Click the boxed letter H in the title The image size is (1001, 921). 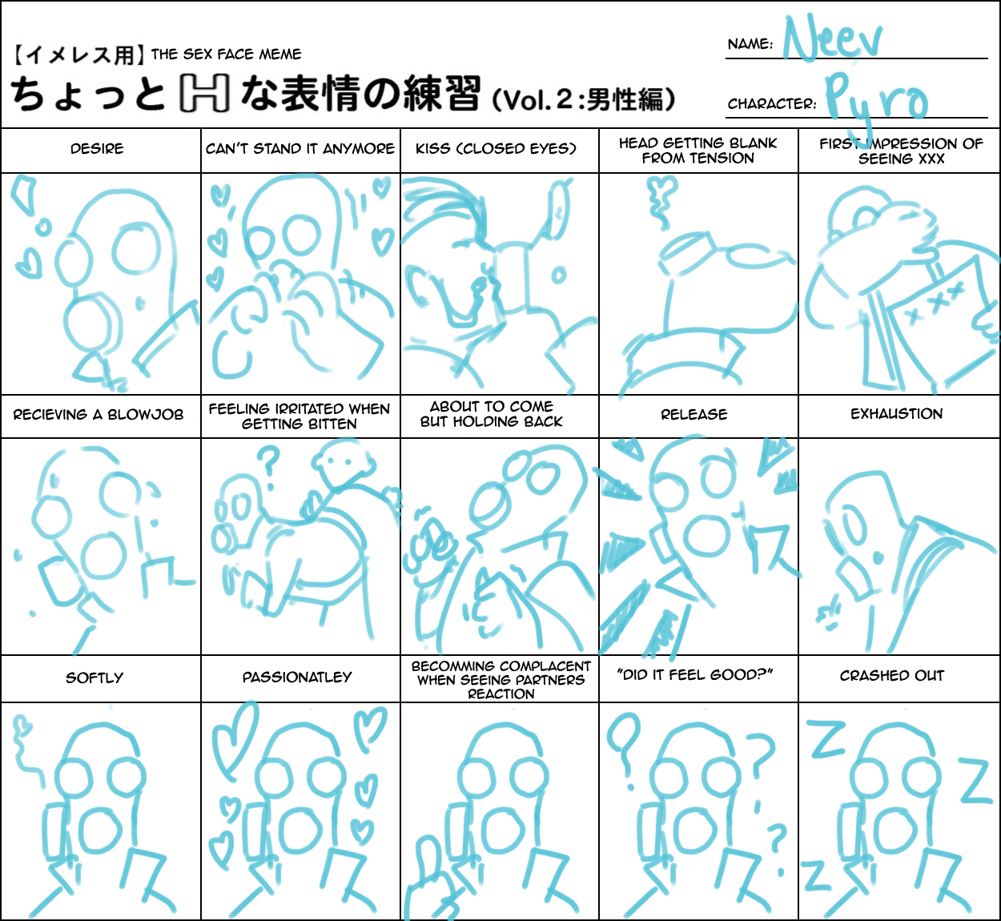tap(204, 93)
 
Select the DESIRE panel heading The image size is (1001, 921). tap(97, 149)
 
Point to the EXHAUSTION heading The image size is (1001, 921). tap(897, 414)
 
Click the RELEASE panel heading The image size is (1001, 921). tap(694, 414)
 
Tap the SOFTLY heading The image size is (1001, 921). tap(94, 678)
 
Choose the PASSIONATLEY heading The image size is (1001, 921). tap(297, 678)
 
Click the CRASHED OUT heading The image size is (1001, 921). tap(892, 676)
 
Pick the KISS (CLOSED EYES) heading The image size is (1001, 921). tap(496, 149)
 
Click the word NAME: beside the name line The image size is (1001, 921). tap(750, 44)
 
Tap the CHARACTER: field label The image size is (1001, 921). tap(772, 103)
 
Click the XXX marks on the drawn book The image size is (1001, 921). tap(935, 303)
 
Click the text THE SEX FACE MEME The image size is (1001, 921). tap(226, 54)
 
